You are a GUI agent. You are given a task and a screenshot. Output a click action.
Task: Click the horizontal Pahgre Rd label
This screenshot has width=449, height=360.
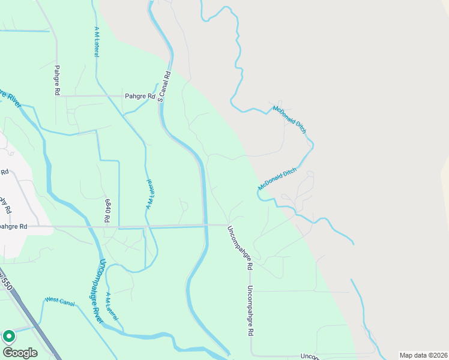140,96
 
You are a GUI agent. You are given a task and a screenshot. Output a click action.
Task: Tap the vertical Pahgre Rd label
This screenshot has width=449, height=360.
57,81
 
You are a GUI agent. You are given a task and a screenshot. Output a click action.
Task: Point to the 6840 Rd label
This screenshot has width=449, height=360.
108,211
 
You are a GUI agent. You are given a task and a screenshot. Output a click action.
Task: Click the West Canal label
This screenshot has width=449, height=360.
59,301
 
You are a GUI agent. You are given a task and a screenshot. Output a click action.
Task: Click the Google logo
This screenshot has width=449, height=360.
20,353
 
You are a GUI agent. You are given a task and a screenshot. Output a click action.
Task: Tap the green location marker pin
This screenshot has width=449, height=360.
9,337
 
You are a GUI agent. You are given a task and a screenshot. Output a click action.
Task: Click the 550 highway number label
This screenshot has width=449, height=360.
4,283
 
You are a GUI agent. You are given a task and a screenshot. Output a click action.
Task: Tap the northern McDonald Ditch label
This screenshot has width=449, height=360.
290,119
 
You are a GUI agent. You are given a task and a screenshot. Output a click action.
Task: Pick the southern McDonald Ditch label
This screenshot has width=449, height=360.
277,179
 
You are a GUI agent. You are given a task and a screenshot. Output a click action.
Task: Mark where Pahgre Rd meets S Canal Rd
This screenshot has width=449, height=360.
159,96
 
